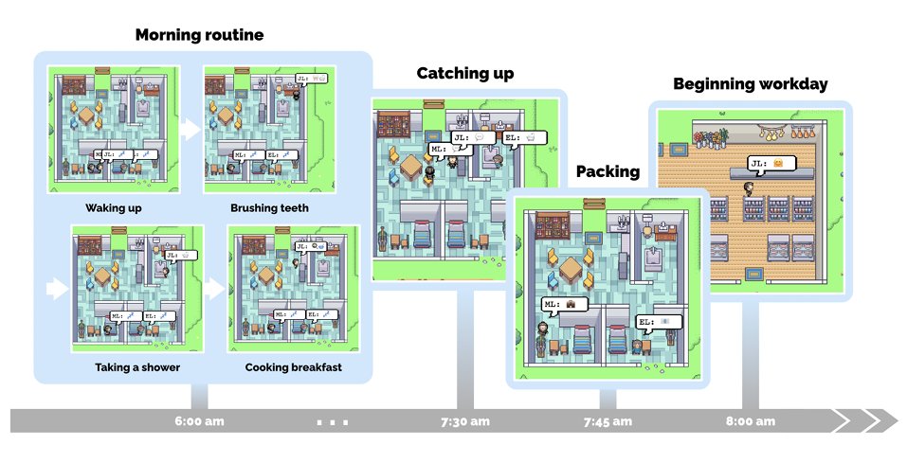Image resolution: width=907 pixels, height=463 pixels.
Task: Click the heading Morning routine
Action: coord(199,36)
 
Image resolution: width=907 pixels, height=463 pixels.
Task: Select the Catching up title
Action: coord(465,74)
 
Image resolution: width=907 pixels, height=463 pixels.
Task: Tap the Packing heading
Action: coord(608,171)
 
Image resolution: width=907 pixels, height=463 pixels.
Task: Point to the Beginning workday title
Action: coord(750,84)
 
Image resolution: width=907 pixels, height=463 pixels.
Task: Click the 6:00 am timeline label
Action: coord(200,420)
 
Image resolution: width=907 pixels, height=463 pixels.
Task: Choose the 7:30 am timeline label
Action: coord(465,420)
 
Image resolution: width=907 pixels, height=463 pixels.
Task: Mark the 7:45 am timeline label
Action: coord(608,420)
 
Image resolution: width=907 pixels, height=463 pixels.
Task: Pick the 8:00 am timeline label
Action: coord(750,420)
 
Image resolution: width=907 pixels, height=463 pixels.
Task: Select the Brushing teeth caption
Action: coord(269,207)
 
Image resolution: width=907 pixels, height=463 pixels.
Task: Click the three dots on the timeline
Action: coord(334,420)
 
